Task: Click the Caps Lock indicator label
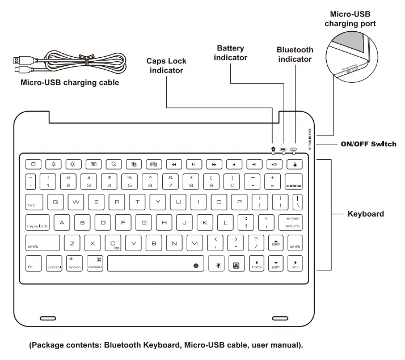point(166,66)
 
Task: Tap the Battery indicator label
point(230,53)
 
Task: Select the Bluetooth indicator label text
point(294,54)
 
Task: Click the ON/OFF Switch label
point(368,144)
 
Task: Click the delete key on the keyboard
point(294,182)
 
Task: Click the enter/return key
point(292,222)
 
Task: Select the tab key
point(35,202)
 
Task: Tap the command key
point(95,264)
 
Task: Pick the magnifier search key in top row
point(114,164)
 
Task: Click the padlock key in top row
point(294,164)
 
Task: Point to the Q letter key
point(55,202)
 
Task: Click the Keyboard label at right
point(365,214)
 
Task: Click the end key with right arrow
point(295,264)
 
